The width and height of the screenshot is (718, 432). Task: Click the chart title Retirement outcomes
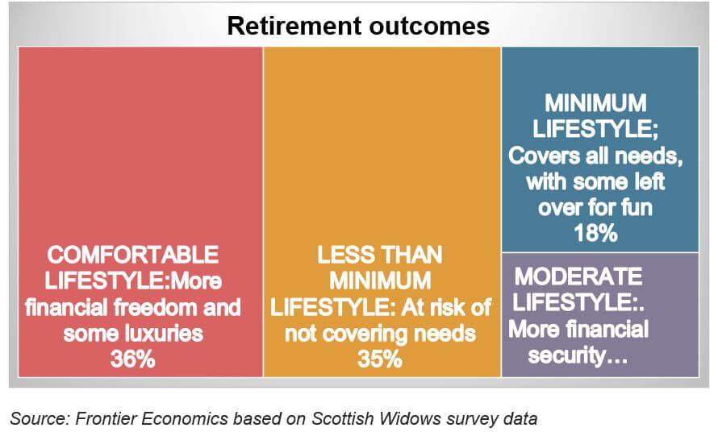[358, 26]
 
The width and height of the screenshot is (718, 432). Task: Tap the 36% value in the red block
[133, 359]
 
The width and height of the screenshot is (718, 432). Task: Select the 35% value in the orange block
[380, 359]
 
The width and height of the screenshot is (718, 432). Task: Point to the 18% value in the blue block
[595, 233]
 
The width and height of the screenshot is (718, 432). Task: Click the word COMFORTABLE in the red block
[133, 255]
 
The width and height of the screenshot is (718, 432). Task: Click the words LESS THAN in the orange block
[380, 255]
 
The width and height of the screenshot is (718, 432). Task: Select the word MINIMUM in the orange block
[380, 280]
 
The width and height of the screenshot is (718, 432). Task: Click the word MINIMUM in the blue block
[595, 102]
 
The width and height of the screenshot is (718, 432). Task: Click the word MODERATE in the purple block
[578, 276]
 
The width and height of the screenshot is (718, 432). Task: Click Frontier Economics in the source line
[152, 418]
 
